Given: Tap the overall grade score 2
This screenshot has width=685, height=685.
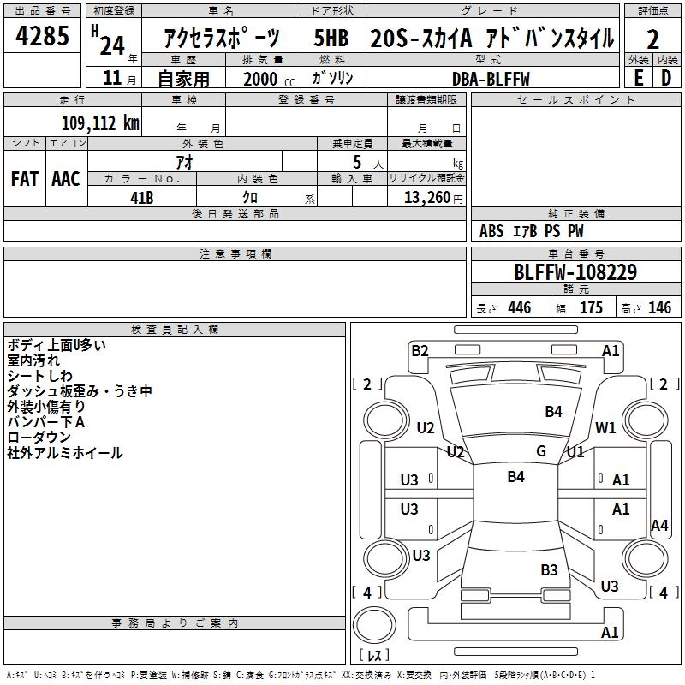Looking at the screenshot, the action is pyautogui.click(x=652, y=39).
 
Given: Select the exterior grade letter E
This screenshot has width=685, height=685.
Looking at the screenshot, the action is pyautogui.click(x=638, y=76).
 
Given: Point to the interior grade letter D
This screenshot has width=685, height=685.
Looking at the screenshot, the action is pyautogui.click(x=666, y=76).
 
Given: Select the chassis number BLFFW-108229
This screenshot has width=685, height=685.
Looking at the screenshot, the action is pyautogui.click(x=575, y=272).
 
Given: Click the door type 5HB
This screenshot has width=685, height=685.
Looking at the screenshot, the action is pyautogui.click(x=331, y=39).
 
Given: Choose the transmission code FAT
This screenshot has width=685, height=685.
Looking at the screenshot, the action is pyautogui.click(x=25, y=178).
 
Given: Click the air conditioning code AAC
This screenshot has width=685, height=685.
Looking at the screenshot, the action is pyautogui.click(x=65, y=178).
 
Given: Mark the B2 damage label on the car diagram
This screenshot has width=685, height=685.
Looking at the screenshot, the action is pyautogui.click(x=420, y=350).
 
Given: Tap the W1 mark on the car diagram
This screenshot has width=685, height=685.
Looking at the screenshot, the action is pyautogui.click(x=606, y=428).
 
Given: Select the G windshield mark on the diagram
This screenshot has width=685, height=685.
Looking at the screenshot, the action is pyautogui.click(x=541, y=451).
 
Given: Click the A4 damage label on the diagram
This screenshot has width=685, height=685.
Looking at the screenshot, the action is pyautogui.click(x=659, y=526).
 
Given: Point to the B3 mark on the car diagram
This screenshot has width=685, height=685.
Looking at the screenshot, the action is pyautogui.click(x=549, y=569).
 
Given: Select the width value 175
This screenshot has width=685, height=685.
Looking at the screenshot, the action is pyautogui.click(x=592, y=308).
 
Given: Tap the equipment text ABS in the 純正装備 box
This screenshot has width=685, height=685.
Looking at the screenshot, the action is pyautogui.click(x=491, y=231).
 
